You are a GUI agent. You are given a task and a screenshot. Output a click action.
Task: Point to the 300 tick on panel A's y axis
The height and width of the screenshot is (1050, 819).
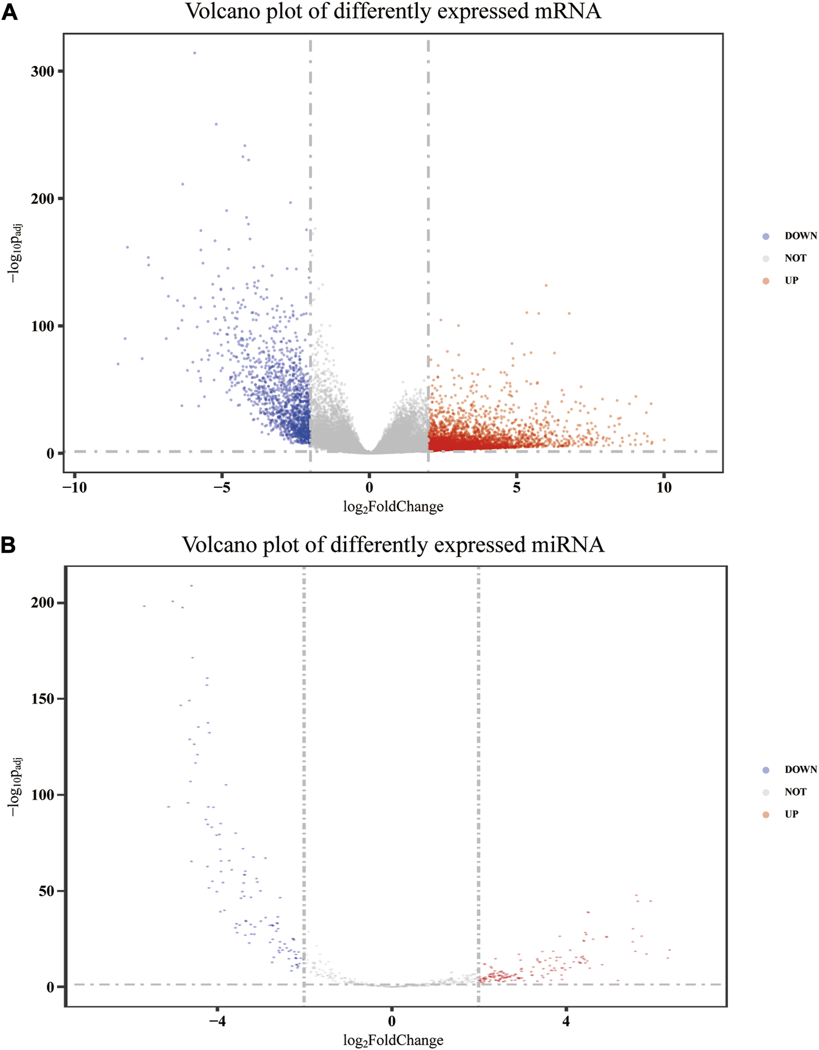(x=43, y=72)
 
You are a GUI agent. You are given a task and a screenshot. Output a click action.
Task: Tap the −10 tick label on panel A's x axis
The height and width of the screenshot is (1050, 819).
(x=74, y=488)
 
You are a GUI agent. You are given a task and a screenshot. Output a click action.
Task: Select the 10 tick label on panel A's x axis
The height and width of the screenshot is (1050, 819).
(x=664, y=488)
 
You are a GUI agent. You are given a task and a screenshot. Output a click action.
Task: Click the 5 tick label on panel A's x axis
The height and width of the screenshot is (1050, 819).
(x=517, y=488)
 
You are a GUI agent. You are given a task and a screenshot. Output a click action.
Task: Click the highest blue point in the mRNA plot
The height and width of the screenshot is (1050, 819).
(x=195, y=53)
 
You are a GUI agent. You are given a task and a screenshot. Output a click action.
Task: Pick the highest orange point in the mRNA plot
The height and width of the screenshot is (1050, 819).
(x=546, y=285)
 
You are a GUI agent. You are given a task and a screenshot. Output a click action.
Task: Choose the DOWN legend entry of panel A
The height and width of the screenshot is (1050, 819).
(x=800, y=236)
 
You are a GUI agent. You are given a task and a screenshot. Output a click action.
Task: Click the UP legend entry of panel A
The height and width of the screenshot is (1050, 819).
(x=791, y=281)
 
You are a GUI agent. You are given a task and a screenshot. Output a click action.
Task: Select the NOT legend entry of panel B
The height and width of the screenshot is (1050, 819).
(x=795, y=792)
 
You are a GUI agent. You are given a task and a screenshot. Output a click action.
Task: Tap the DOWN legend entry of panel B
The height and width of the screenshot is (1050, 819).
(x=800, y=770)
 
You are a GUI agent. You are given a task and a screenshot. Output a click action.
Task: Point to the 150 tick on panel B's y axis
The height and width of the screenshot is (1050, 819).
(x=43, y=699)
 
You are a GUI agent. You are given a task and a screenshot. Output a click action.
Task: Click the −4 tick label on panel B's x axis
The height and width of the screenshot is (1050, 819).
(x=217, y=1021)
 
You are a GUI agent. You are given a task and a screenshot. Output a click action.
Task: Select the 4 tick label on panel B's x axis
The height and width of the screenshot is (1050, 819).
(x=566, y=1021)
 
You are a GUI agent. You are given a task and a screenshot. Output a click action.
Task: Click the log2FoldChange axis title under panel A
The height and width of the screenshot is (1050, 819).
(x=393, y=507)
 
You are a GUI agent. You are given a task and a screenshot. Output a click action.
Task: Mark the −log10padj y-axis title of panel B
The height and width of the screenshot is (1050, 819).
(x=16, y=786)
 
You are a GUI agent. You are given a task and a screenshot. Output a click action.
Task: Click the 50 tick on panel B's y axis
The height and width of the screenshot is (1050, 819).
(x=46, y=891)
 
